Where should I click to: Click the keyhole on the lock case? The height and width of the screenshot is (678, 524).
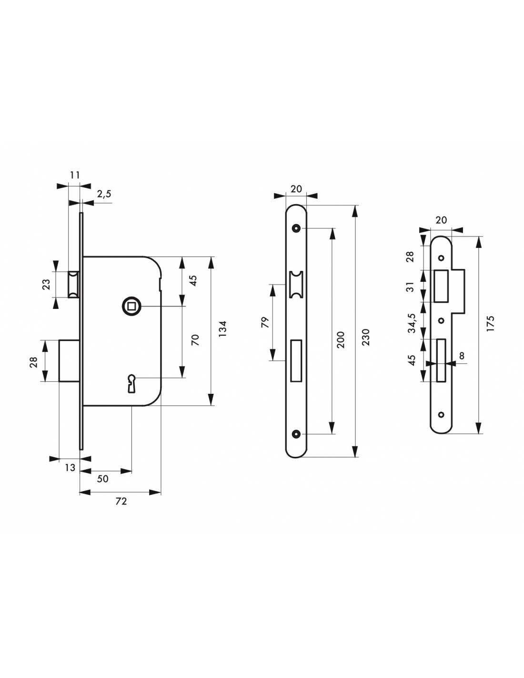131,383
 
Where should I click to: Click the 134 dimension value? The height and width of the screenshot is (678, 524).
222,329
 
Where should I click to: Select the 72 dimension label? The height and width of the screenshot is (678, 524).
121,502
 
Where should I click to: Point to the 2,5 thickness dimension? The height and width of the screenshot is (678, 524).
103,194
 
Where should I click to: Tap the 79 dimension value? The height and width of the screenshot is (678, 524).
264,322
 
